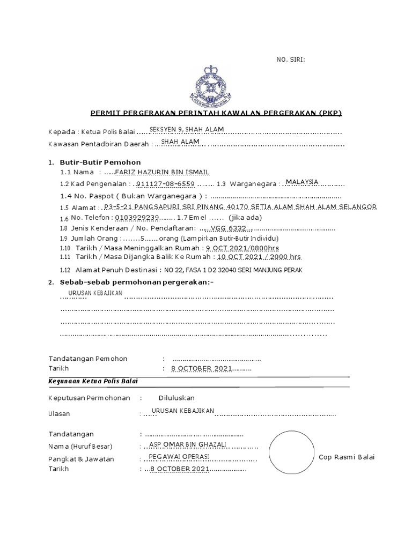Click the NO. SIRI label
click(290, 60)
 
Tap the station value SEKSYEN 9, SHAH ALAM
click(186, 129)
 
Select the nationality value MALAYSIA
click(303, 182)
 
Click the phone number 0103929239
click(137, 218)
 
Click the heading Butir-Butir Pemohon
click(100, 162)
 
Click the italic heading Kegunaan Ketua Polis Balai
click(93, 381)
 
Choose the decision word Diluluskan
click(176, 398)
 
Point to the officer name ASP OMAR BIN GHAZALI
click(188, 444)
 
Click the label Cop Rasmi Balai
click(346, 457)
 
